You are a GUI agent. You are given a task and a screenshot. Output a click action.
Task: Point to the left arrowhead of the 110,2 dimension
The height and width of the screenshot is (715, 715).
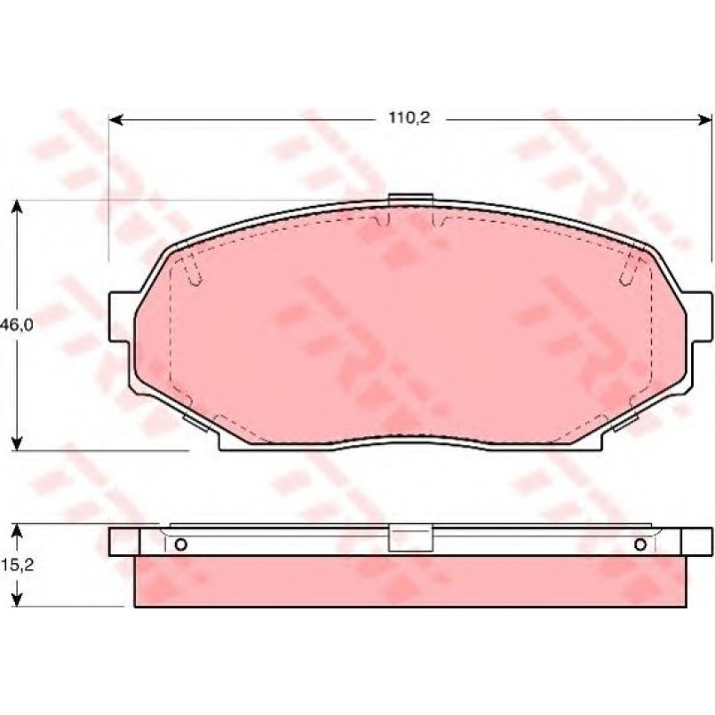116,120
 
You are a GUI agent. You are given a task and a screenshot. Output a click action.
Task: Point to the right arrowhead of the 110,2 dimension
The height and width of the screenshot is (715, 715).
705,120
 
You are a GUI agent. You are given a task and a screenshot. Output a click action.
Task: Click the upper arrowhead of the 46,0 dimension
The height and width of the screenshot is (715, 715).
17,207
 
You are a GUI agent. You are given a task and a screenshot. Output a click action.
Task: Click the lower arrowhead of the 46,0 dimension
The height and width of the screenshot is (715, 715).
17,443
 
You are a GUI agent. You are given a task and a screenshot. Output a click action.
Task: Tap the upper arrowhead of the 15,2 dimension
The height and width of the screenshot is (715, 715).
17,531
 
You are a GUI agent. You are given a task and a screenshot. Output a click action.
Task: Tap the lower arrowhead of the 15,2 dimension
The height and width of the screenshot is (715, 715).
17,600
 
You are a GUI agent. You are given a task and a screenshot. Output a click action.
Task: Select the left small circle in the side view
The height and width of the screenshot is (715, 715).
181,544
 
